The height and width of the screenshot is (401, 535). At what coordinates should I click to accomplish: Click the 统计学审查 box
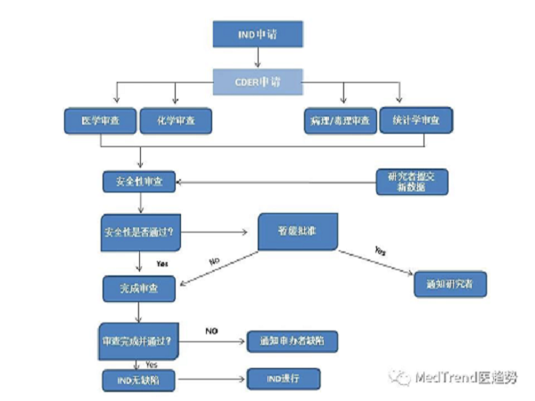pos(416,119)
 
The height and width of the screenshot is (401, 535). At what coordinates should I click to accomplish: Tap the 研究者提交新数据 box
pos(410,181)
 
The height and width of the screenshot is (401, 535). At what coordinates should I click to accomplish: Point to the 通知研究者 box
pos(450,285)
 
